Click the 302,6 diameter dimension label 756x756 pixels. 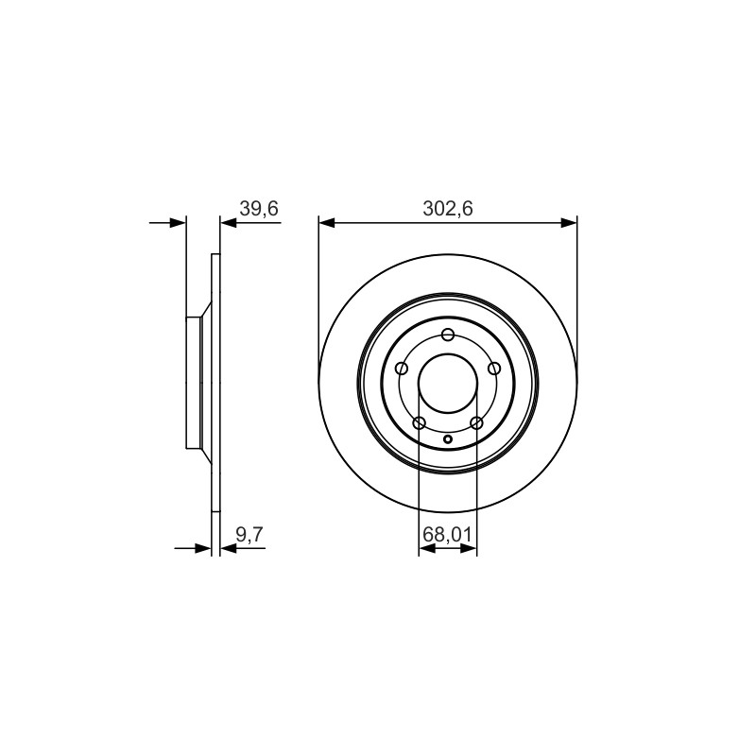coord(447,209)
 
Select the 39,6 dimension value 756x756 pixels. coord(259,209)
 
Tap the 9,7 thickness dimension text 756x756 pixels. coord(249,535)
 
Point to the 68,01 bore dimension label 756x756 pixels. coord(447,535)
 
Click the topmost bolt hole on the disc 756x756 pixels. coord(448,335)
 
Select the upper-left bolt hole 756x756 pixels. coord(402,369)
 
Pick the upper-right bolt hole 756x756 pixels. coord(494,369)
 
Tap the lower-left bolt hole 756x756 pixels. coord(420,423)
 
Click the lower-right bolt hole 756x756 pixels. coord(476,423)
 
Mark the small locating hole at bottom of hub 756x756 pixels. coord(448,438)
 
